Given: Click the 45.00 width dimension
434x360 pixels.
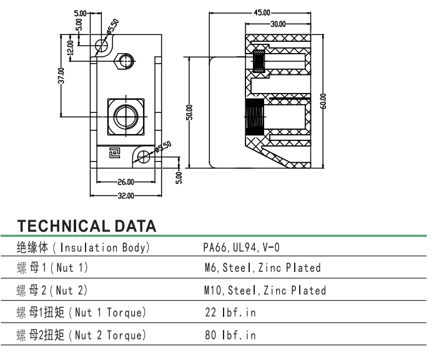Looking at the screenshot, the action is point(262,12).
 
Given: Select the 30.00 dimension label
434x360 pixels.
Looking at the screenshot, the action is point(278,24).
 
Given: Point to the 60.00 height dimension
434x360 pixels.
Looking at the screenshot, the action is point(323,101).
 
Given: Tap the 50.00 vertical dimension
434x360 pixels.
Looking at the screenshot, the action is point(189,112).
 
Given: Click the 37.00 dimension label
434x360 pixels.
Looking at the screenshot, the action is point(61,75).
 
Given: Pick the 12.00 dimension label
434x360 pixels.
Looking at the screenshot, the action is point(71,47).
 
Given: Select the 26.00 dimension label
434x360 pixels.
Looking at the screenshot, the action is point(126,182).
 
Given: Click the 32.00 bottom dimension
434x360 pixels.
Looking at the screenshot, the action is point(126,196).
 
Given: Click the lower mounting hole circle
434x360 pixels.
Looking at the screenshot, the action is point(144,157).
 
